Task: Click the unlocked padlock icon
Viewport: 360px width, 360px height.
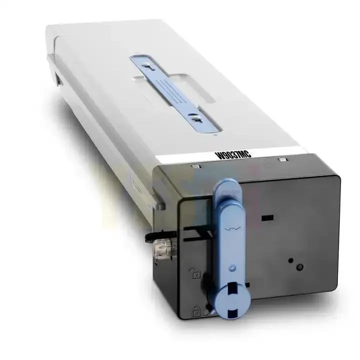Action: [195, 273]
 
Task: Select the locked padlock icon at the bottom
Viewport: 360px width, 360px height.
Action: [196, 310]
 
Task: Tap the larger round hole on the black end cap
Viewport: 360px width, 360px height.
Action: [299, 267]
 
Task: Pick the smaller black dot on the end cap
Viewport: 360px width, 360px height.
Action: [290, 260]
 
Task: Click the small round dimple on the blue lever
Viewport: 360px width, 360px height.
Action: [232, 267]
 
